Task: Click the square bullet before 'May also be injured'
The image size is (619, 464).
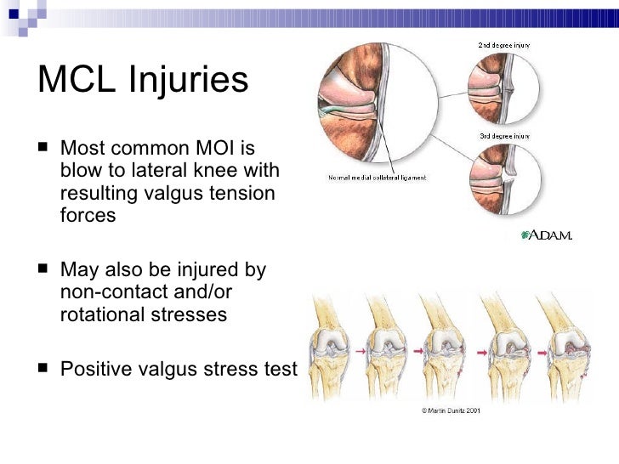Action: point(44,272)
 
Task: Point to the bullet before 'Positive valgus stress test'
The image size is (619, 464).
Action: point(44,371)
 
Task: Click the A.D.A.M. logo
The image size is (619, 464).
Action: point(545,235)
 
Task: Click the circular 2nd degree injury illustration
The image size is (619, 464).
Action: point(502,87)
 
